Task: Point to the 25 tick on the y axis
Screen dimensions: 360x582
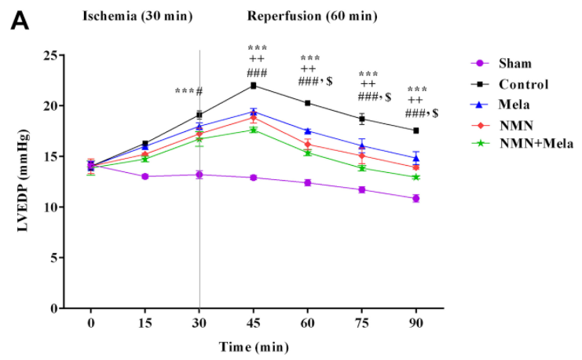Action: [49, 55]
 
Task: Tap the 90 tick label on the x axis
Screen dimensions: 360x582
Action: [416, 323]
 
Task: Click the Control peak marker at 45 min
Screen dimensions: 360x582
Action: [254, 85]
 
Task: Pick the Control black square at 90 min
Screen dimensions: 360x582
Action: [416, 130]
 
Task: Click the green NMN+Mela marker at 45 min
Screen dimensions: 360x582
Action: [254, 130]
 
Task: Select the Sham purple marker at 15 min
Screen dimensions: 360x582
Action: [145, 176]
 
